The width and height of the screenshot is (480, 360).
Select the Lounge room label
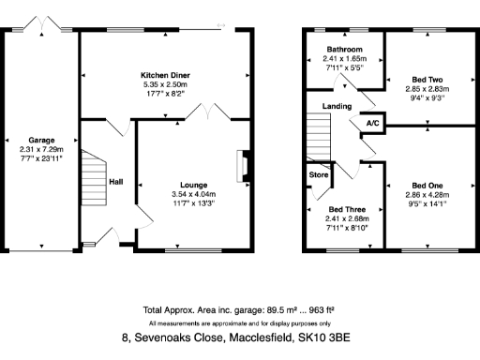pos(193,185)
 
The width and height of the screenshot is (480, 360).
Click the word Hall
pos(116,182)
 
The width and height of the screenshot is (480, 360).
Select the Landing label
pos(337,106)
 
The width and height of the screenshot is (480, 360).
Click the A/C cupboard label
pos(372,123)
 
